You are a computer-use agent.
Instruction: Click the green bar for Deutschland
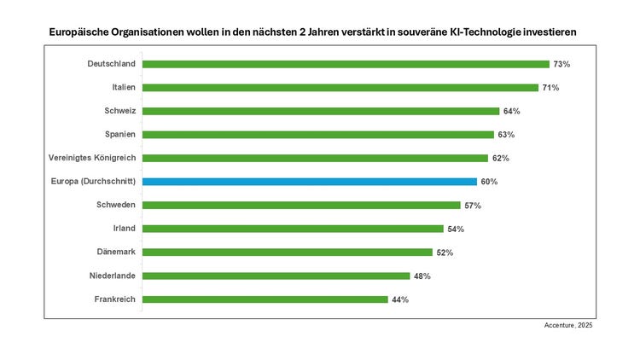(x=346, y=64)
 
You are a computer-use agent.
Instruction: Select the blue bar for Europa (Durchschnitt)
(x=310, y=182)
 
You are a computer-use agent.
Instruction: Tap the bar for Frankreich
(x=265, y=299)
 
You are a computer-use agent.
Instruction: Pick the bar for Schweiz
(x=321, y=111)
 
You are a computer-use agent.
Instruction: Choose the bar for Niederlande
(x=276, y=276)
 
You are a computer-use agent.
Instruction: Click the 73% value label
(x=561, y=64)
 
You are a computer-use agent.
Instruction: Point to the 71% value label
(x=550, y=88)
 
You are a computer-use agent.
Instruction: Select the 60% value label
(x=489, y=182)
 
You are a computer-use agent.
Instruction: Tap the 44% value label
(x=399, y=299)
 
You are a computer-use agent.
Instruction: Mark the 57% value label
(x=473, y=206)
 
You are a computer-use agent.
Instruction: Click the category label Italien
(x=124, y=87)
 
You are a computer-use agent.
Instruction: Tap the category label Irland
(x=125, y=229)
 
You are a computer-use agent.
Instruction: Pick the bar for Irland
(x=293, y=229)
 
